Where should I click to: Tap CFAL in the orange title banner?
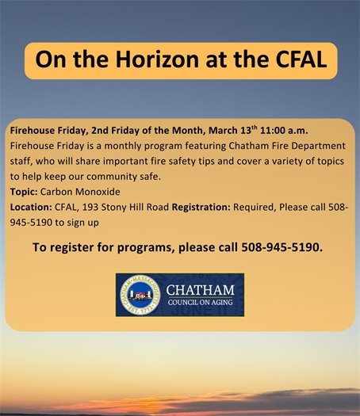(293, 60)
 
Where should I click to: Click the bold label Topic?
(25, 192)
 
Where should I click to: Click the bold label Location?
(31, 207)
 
